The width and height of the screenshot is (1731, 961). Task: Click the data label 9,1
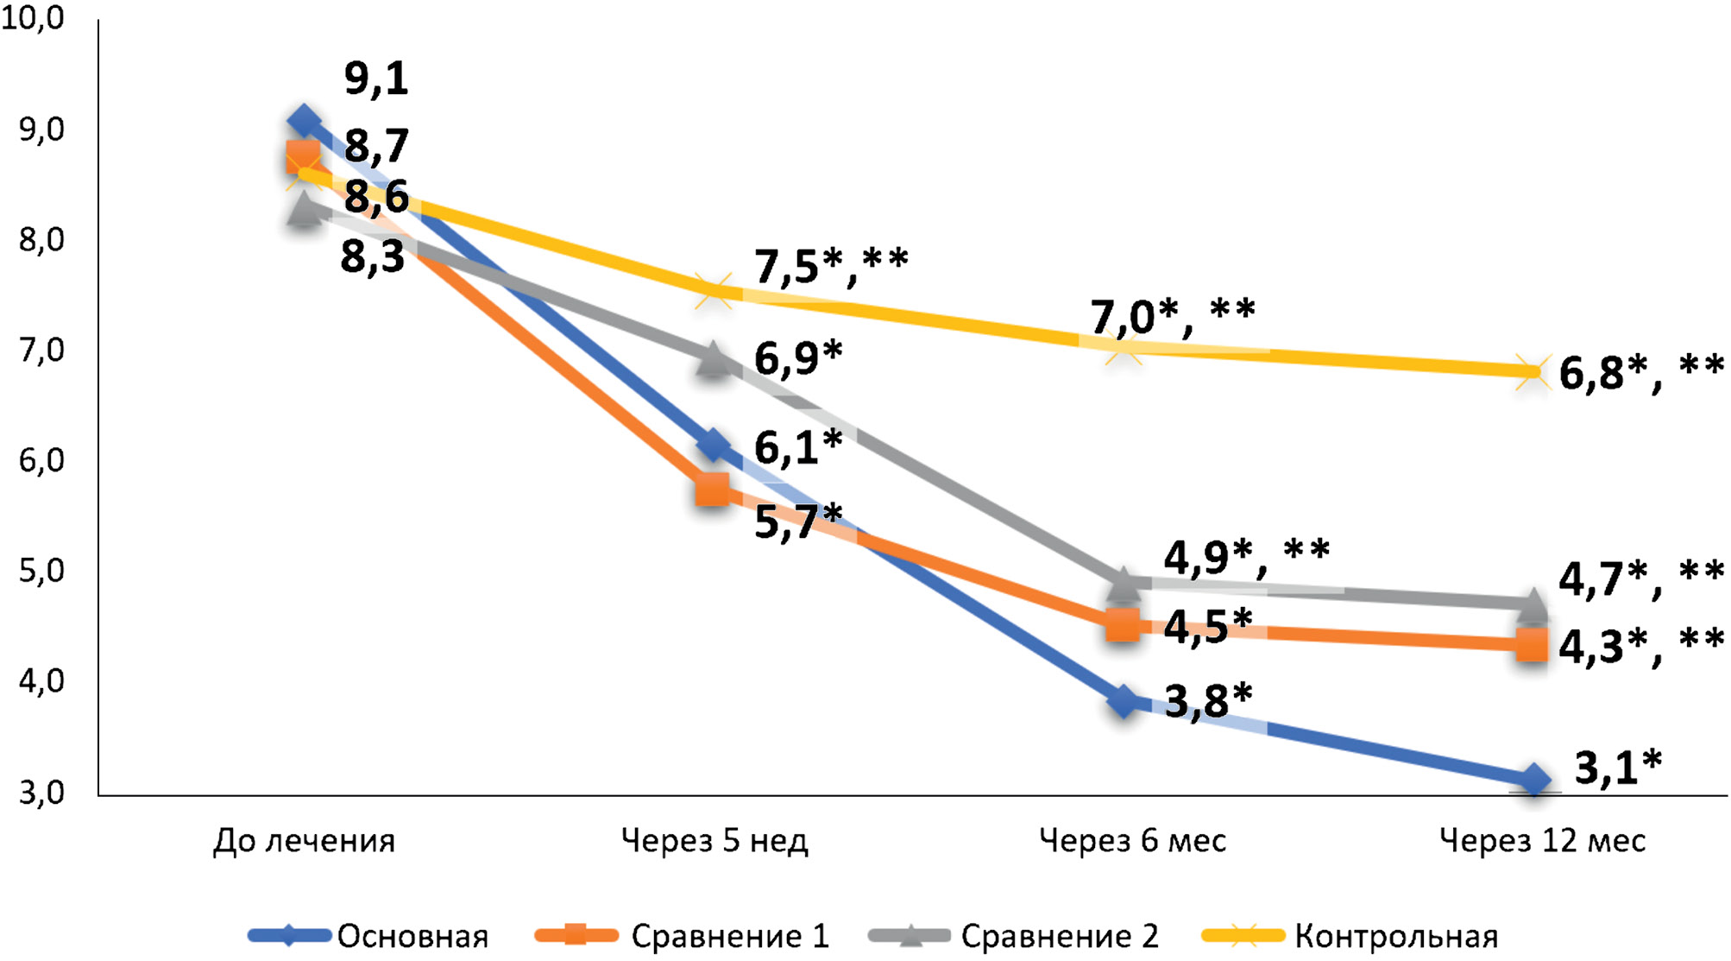coord(376,79)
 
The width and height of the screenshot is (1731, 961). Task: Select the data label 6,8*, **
coord(1640,372)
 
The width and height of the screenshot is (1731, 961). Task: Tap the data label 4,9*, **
coord(1246,556)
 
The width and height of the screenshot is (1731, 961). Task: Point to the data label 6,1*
coord(797,446)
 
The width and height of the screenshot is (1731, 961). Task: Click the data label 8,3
coord(373,256)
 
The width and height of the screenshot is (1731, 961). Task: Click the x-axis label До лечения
coord(304,840)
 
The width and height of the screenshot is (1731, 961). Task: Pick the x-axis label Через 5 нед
coord(714,840)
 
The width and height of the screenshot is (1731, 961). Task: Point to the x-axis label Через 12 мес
coord(1542,840)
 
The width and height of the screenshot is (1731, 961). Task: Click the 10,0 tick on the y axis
coord(33,18)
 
